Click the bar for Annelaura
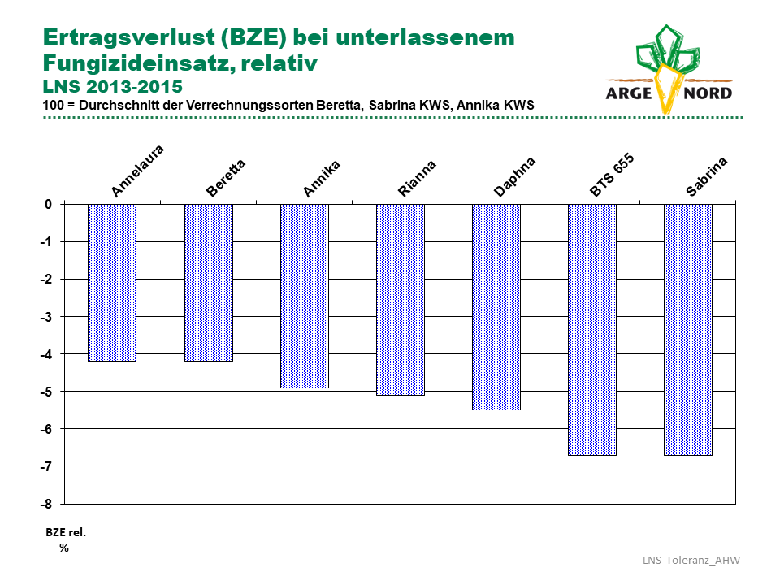tap(112, 283)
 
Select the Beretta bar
tap(209, 283)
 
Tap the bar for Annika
tap(305, 296)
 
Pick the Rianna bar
tap(401, 300)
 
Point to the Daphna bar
tap(496, 307)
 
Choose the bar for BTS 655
tap(592, 330)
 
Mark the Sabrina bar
tap(688, 330)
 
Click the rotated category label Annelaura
tap(137, 171)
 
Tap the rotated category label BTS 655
tap(612, 175)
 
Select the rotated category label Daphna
tap(514, 176)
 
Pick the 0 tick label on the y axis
tap(48, 205)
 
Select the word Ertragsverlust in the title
tap(129, 38)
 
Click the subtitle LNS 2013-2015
tap(113, 87)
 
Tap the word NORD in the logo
tap(708, 93)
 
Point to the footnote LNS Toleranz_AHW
tap(691, 561)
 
